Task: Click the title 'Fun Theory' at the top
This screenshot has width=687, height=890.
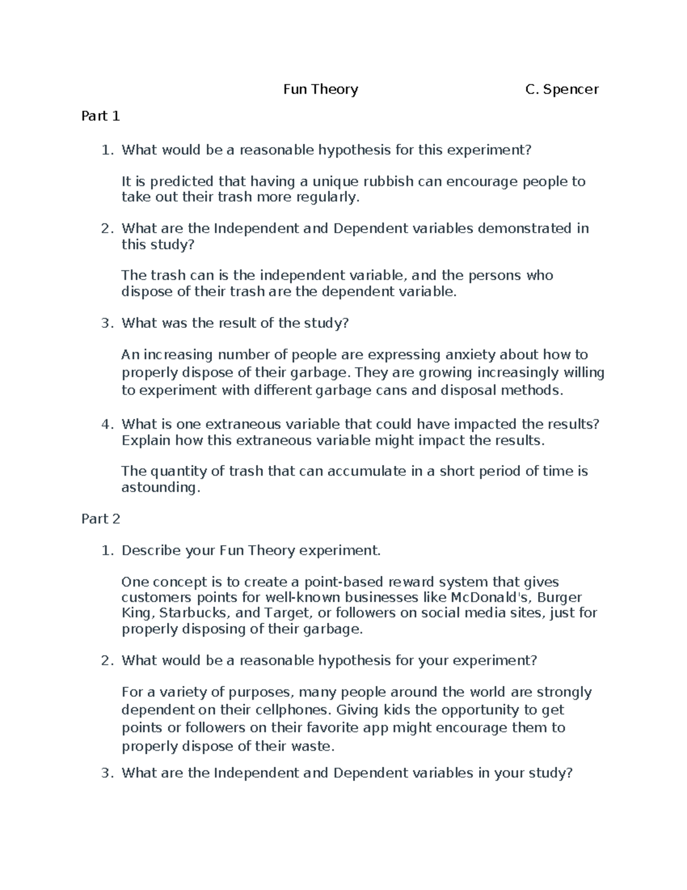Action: [321, 89]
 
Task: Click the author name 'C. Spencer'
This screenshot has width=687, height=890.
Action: [562, 89]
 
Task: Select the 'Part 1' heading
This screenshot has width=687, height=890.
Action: [101, 116]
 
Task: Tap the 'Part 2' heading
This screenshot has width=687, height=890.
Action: [101, 519]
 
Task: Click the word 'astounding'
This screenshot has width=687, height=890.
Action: [160, 488]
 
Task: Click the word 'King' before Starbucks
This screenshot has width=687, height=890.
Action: [137, 613]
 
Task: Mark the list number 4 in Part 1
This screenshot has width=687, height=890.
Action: [105, 425]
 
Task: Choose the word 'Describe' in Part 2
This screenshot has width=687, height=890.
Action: [151, 551]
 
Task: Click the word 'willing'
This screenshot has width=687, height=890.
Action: [584, 373]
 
